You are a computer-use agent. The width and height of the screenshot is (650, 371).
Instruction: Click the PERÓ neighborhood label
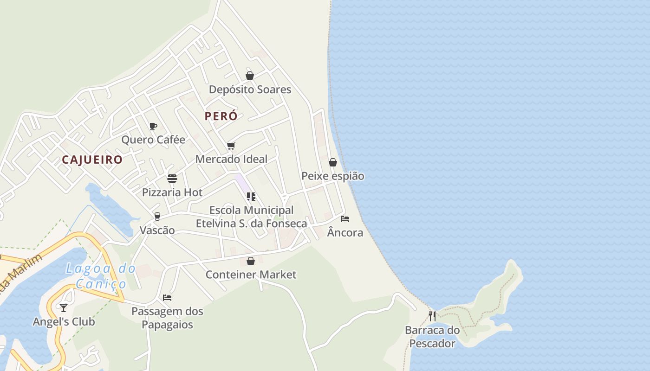(x=221, y=116)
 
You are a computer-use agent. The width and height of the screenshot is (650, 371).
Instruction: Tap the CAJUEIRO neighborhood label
(x=92, y=160)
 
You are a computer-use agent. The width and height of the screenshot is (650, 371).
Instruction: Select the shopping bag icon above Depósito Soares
(x=250, y=76)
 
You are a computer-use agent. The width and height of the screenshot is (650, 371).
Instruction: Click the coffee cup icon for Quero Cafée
(x=153, y=126)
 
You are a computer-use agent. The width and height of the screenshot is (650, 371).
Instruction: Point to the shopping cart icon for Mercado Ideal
(x=231, y=146)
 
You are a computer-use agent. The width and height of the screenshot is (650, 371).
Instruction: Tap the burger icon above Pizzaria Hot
(x=172, y=179)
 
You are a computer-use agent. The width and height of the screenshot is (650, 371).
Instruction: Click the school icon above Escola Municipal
(x=251, y=197)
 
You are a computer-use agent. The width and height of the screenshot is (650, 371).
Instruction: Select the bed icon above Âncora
(x=345, y=218)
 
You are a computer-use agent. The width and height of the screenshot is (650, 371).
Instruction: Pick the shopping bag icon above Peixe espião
(x=333, y=162)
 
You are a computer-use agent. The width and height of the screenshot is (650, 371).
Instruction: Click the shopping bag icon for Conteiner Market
(x=251, y=261)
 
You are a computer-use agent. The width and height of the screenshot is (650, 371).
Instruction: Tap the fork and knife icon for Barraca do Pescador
(x=432, y=316)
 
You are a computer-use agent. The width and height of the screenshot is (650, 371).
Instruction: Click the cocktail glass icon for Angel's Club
(x=64, y=308)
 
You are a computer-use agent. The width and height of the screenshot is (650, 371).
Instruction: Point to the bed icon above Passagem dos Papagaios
(x=167, y=297)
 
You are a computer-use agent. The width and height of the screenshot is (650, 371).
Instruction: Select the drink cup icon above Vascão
(x=157, y=217)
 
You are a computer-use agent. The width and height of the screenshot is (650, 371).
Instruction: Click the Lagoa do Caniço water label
(x=101, y=276)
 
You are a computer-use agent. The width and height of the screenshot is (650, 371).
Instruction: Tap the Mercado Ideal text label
(x=231, y=159)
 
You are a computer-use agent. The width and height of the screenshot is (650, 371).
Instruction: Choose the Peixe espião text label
(x=333, y=176)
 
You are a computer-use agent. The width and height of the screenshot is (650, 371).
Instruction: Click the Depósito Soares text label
(x=250, y=90)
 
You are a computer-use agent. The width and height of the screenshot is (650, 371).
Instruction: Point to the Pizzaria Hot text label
(x=172, y=192)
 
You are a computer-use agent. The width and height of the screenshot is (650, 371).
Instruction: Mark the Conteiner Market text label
(x=251, y=275)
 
